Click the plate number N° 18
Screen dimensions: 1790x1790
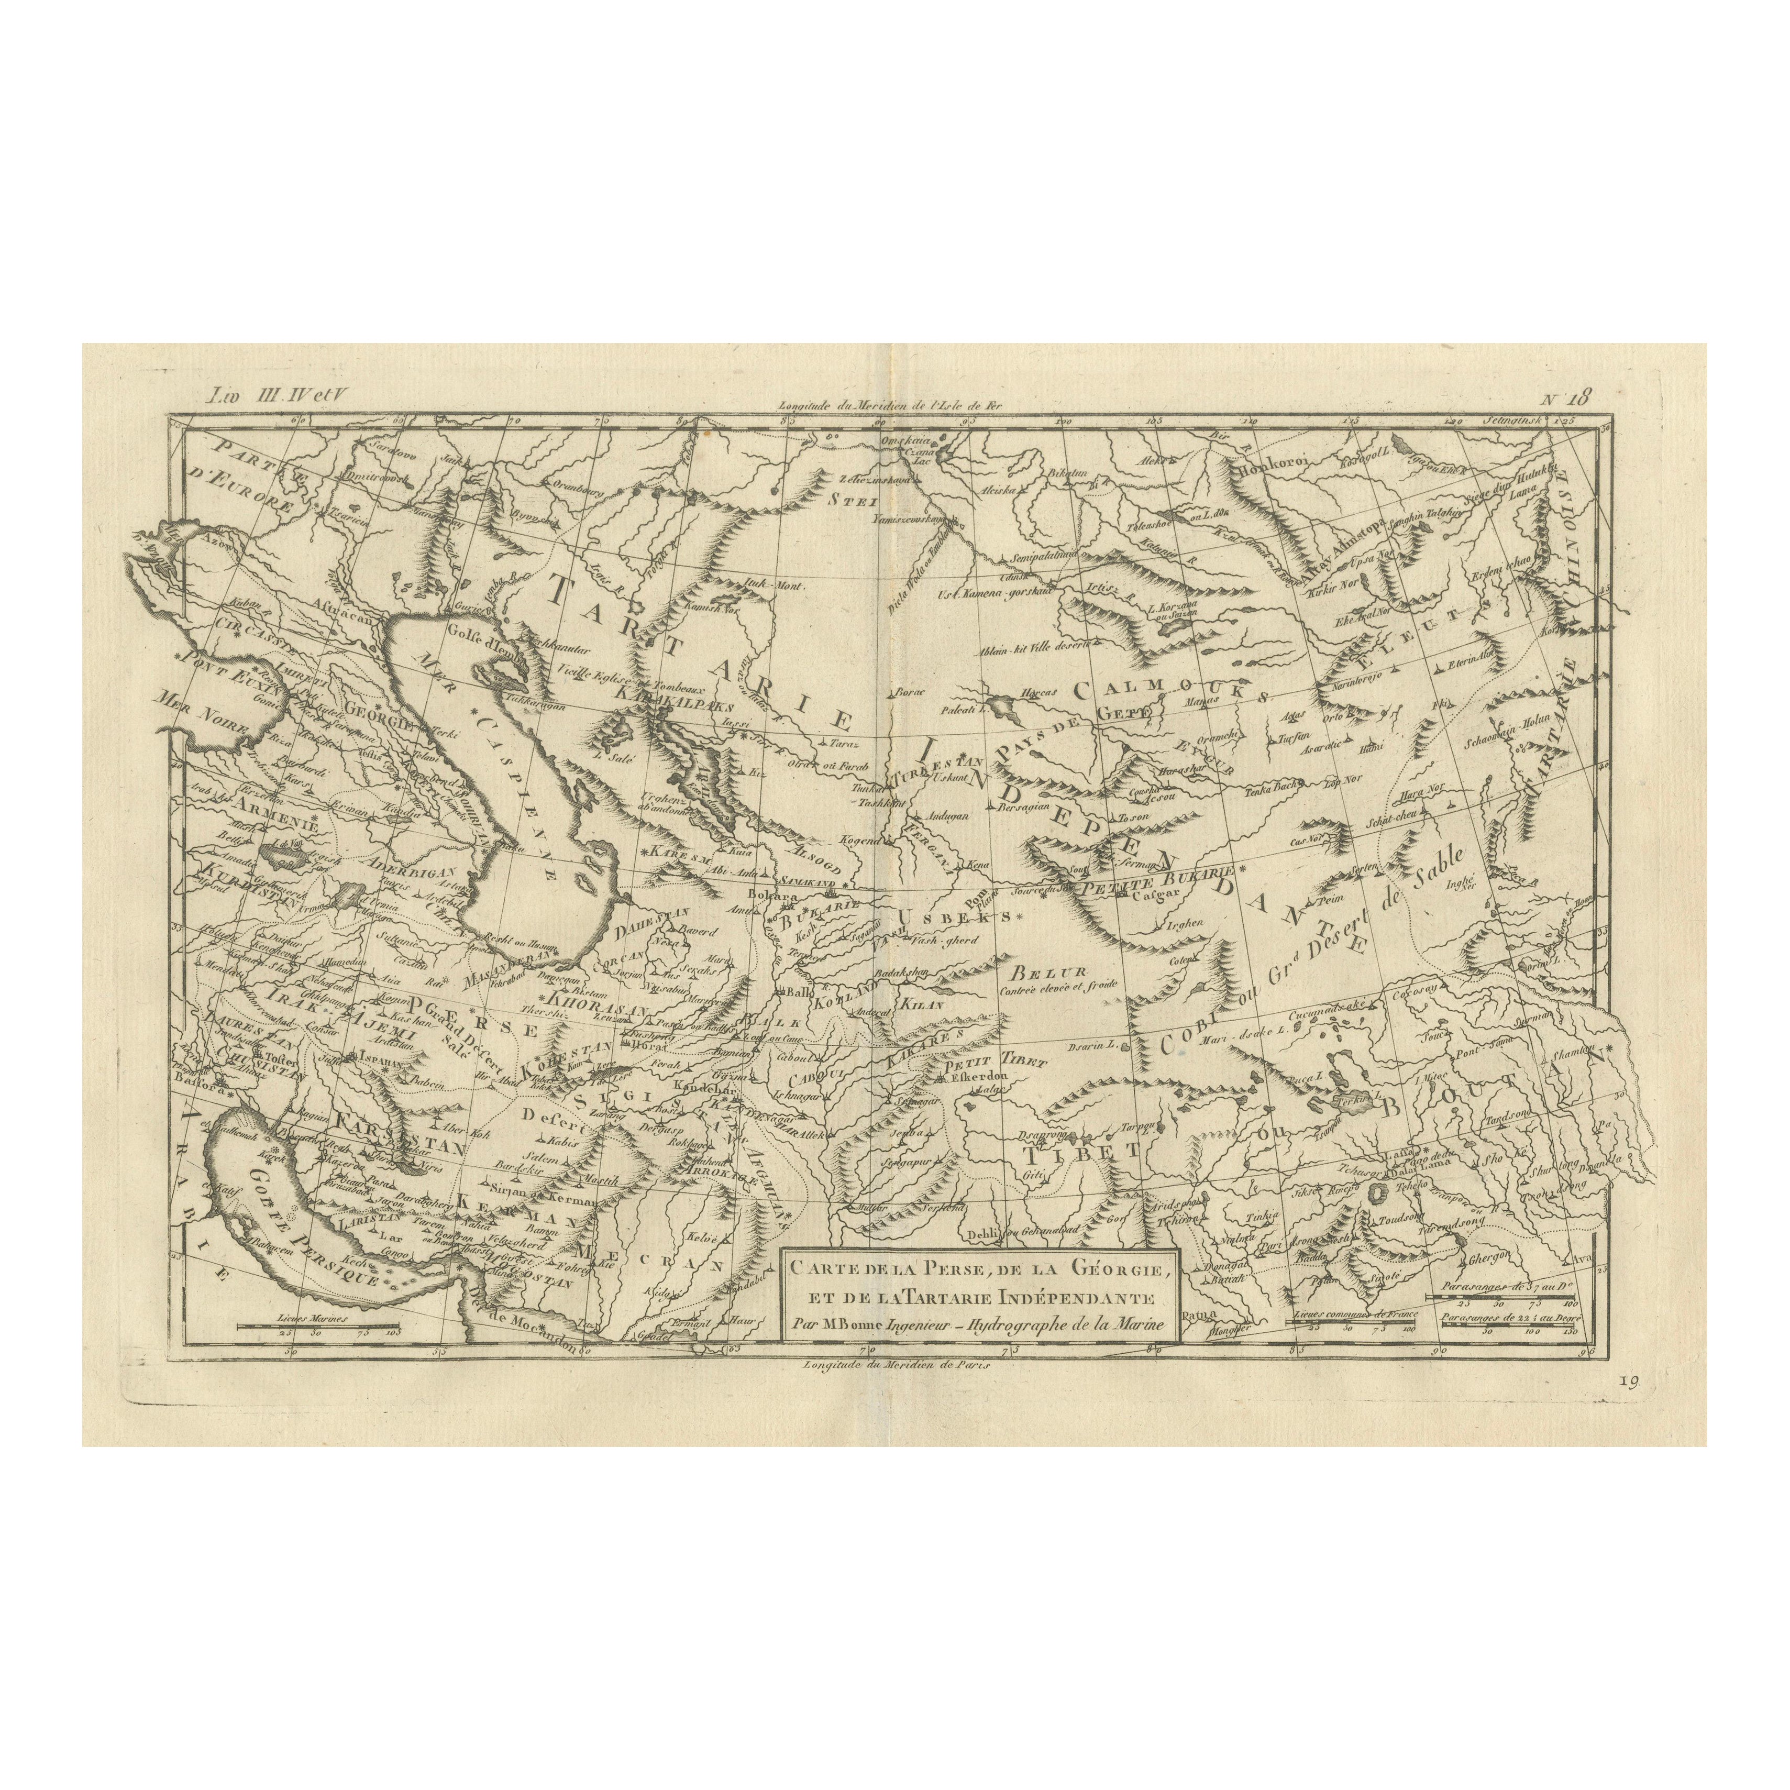[1565, 400]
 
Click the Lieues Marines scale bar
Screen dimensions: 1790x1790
[318, 1326]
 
